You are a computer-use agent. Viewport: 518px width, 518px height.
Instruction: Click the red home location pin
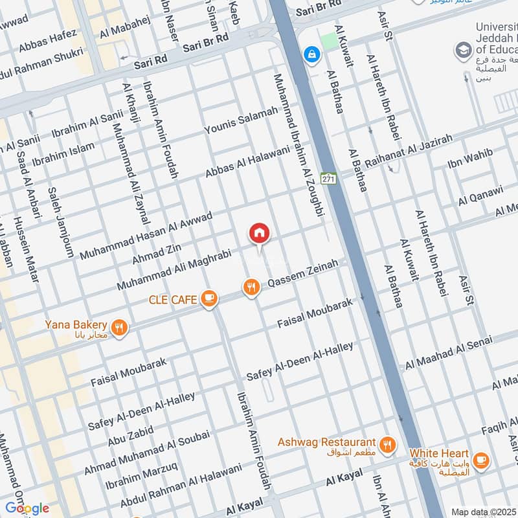tap(260, 234)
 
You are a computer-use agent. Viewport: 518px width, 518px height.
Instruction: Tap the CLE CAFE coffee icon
tap(208, 298)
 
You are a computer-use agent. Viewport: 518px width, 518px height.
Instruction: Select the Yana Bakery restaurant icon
tap(118, 327)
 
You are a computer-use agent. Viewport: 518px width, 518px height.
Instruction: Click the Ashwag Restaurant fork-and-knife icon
tap(387, 444)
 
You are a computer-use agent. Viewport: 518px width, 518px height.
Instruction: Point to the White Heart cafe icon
tap(480, 460)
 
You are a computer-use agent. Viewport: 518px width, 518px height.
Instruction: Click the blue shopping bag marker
tap(312, 54)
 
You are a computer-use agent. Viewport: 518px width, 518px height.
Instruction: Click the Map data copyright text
tap(484, 512)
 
